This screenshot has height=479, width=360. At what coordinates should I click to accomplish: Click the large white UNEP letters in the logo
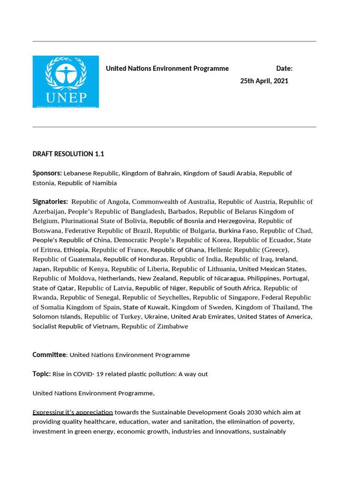pos(66,97)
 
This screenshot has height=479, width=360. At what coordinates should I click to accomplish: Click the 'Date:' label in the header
pos(284,69)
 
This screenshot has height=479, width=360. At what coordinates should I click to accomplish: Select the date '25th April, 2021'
pos(264,81)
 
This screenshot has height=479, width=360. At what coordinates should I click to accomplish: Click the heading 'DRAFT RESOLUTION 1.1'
pos(66,153)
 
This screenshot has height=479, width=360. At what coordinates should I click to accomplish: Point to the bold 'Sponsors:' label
pos(47,173)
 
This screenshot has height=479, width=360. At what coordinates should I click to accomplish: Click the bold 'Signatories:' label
pos(50,202)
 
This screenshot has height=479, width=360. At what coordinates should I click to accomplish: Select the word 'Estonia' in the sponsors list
pos(44,183)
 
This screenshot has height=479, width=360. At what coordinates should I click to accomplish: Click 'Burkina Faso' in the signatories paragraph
pos(238,231)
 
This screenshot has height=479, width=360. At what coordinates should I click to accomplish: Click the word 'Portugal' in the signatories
pos(297,278)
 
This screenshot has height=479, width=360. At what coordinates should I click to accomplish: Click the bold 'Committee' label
pos(49,355)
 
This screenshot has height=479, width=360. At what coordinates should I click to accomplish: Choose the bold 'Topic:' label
pos(41,374)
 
